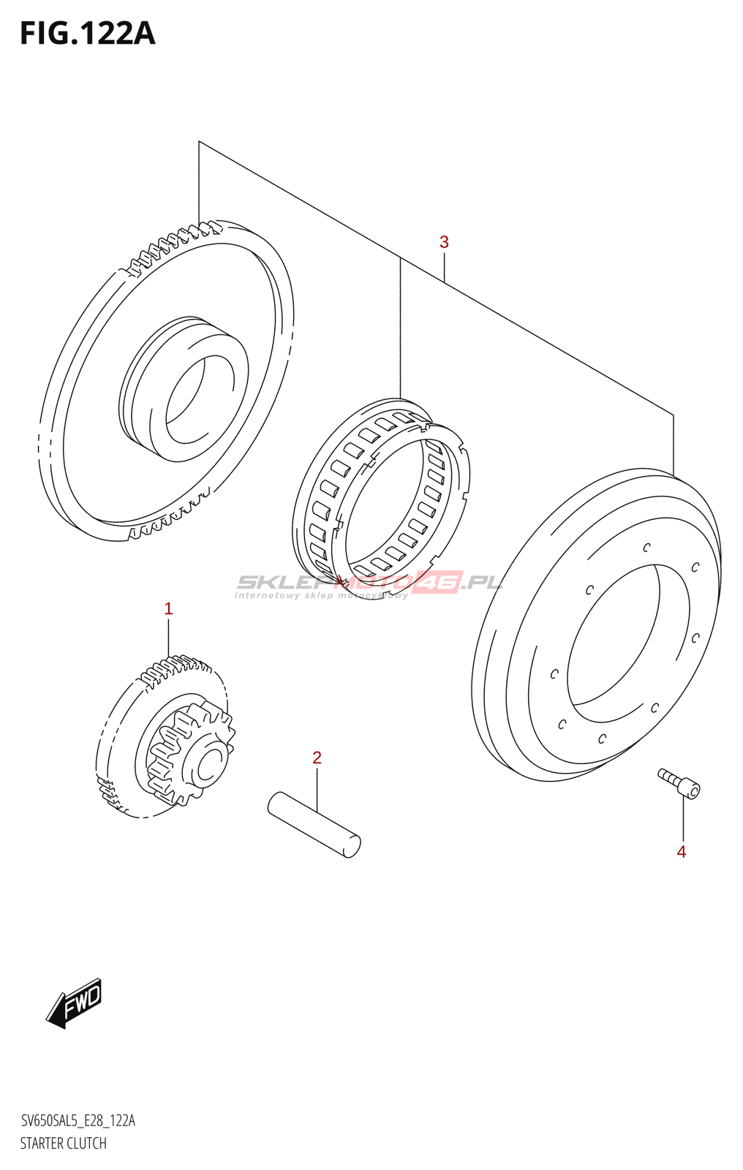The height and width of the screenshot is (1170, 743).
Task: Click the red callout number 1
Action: (x=168, y=608)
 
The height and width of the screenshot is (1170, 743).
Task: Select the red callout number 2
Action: (x=317, y=758)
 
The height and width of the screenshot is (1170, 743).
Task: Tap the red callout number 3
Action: (x=444, y=242)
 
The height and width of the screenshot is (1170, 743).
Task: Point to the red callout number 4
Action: (x=682, y=852)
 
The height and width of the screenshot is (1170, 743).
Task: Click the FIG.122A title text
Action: (x=87, y=34)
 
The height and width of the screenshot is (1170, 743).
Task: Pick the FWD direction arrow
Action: (x=75, y=1003)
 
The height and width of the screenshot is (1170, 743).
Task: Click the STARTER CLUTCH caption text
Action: (x=64, y=1143)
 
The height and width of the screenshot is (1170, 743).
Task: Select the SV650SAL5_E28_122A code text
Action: (x=78, y=1120)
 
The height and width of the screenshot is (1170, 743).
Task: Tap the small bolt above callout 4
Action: (x=679, y=783)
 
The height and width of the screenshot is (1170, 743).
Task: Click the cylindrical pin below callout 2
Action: (x=314, y=824)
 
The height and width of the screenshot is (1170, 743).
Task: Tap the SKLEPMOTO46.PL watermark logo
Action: (x=369, y=583)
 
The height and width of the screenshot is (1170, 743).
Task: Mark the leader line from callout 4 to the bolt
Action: (x=684, y=819)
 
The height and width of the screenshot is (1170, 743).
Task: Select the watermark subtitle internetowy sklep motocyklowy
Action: (x=322, y=596)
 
